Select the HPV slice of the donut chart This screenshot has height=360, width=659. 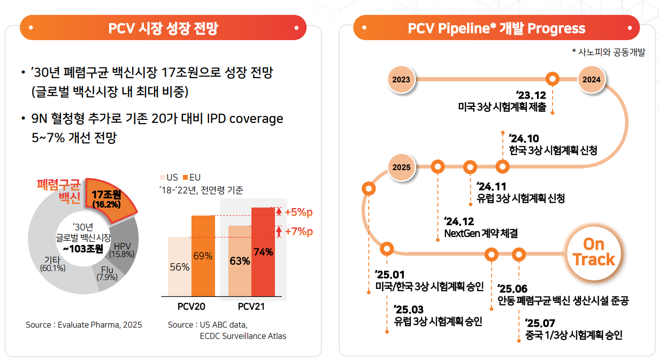[x=124, y=247]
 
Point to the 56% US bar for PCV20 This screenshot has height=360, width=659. [x=179, y=266]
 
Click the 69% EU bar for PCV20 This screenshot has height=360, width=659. [x=203, y=256]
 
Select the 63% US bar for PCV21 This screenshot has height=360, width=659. [x=240, y=261]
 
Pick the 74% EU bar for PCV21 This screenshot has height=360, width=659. [x=263, y=251]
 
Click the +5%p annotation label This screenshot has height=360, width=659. [x=298, y=212]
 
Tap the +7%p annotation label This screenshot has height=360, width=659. [x=298, y=232]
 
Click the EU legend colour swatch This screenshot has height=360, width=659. [x=185, y=177]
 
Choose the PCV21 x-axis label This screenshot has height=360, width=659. [x=251, y=307]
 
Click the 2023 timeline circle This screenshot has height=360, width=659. [x=401, y=79]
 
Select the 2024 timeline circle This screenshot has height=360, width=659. [x=592, y=79]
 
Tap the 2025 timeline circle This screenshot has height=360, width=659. [x=401, y=167]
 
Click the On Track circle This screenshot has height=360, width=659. [x=593, y=252]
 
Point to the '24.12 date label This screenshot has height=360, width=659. [x=459, y=221]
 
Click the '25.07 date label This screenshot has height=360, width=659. [x=540, y=323]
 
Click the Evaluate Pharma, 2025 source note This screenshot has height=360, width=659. [x=84, y=325]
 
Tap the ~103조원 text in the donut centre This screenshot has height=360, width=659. [x=84, y=248]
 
